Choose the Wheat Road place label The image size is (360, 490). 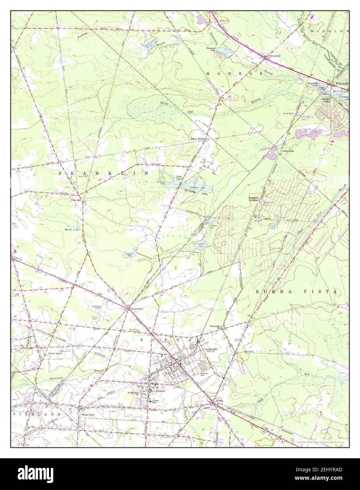(88, 415)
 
